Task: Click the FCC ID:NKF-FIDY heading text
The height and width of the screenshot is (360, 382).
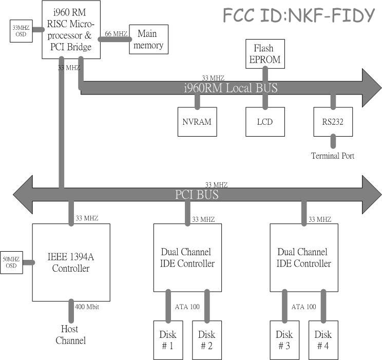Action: [299, 16]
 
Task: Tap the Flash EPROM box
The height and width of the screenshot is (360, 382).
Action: [265, 54]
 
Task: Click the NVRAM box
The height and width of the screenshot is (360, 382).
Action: [197, 122]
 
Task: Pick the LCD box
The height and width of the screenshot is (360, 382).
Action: [265, 122]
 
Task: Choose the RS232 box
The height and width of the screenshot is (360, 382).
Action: [333, 122]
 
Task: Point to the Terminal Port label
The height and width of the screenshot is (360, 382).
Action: [332, 156]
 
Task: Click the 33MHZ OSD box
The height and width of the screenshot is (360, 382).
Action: [21, 31]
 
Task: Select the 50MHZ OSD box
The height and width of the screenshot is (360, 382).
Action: [11, 262]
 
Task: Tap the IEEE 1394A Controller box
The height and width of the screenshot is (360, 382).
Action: [71, 262]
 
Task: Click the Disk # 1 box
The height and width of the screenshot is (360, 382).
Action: [168, 340]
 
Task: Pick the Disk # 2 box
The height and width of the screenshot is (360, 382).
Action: [207, 340]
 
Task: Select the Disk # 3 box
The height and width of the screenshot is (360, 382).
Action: [284, 340]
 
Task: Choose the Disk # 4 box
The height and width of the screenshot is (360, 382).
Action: [323, 340]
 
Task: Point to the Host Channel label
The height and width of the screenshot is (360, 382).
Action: [70, 334]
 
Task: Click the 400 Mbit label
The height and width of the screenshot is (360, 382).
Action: [87, 307]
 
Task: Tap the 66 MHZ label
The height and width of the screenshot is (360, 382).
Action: [116, 34]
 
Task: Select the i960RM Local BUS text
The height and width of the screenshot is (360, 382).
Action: [231, 88]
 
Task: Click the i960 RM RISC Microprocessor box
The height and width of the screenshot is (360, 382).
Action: [70, 29]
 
